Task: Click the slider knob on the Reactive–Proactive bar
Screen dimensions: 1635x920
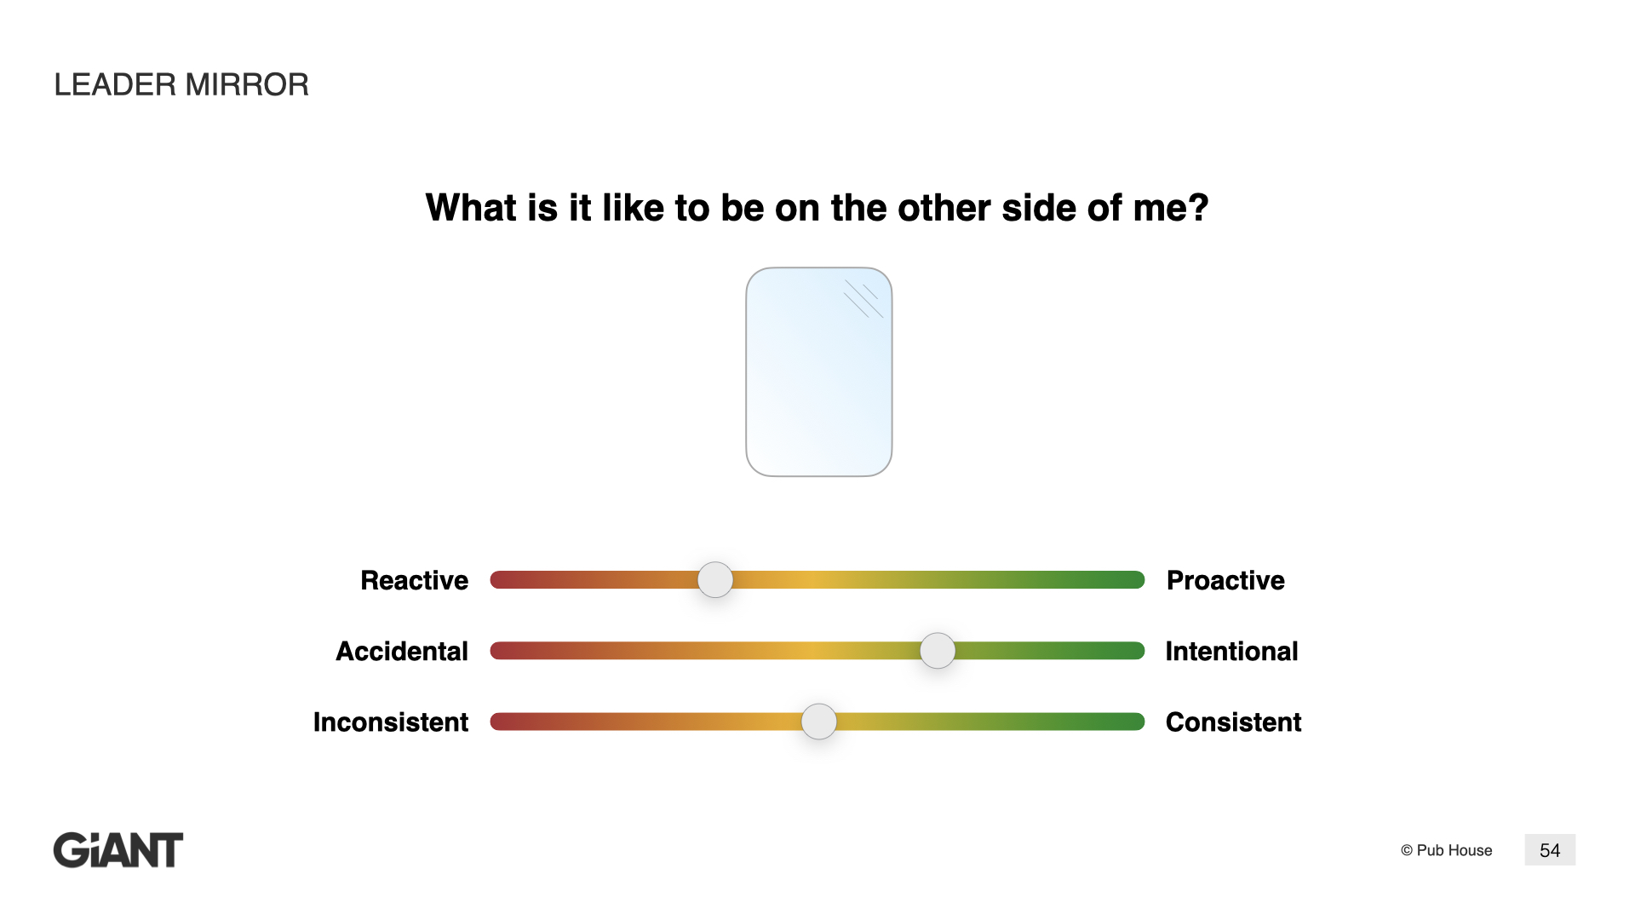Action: pos(715,580)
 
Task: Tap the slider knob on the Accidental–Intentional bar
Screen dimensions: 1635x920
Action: pos(938,651)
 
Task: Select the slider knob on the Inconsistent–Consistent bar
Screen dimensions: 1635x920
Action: pos(819,722)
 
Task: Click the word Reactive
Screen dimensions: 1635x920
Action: pos(415,580)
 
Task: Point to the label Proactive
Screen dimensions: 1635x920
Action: pos(1225,580)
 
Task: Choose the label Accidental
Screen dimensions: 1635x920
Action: pos(402,651)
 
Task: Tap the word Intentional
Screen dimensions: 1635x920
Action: pos(1231,651)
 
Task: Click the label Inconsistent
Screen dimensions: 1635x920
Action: pos(391,722)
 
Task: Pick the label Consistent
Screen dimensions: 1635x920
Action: pos(1233,722)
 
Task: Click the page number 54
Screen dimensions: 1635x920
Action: pos(1550,850)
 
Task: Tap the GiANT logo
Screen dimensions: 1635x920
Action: pos(118,850)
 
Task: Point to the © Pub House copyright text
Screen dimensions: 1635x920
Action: pos(1446,850)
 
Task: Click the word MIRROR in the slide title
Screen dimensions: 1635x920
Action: pos(247,84)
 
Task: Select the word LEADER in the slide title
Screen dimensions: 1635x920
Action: pos(115,84)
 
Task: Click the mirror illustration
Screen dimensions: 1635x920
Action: pos(819,372)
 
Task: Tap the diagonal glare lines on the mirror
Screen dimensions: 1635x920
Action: pos(863,299)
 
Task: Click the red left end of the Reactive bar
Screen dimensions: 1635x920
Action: pos(499,580)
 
